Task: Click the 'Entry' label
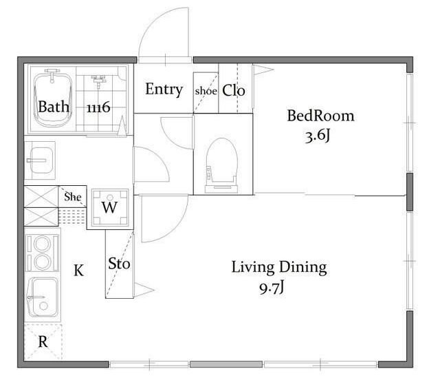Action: [x=164, y=90]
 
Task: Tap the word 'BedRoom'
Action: [x=320, y=116]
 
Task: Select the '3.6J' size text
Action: [x=317, y=136]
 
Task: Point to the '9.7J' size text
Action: [x=272, y=288]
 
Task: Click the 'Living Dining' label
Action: [x=279, y=267]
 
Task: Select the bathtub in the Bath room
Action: [x=52, y=98]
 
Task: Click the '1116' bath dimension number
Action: [x=98, y=107]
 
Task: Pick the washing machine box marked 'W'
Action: [x=110, y=207]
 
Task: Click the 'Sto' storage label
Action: [x=119, y=264]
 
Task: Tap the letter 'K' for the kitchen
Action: [x=78, y=271]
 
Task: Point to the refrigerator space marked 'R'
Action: [x=43, y=342]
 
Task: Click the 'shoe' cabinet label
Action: [x=206, y=91]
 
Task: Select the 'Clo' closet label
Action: [x=234, y=90]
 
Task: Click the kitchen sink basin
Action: [x=43, y=297]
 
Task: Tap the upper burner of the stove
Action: [x=42, y=244]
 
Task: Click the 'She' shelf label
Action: [x=73, y=197]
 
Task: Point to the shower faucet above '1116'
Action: [x=98, y=80]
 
